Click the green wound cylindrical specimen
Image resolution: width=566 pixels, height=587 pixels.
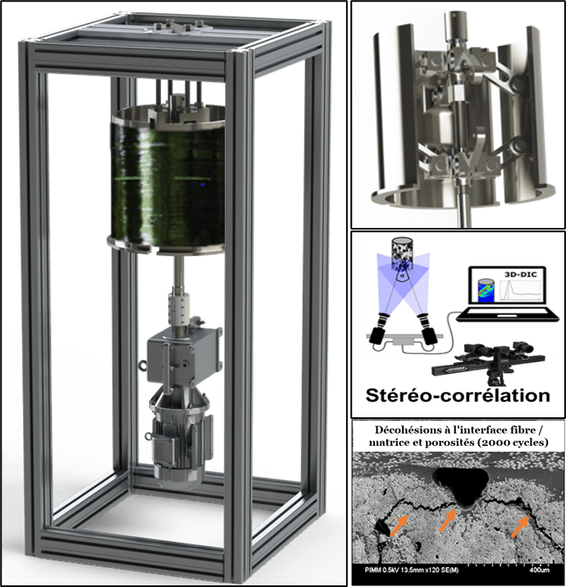pos(167,180)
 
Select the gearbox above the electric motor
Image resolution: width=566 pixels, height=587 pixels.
pos(183,358)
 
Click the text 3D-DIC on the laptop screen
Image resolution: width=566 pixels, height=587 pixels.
pos(520,275)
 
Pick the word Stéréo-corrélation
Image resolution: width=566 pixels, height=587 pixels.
pos(458,396)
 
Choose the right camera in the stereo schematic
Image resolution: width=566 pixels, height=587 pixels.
pos(427,328)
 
